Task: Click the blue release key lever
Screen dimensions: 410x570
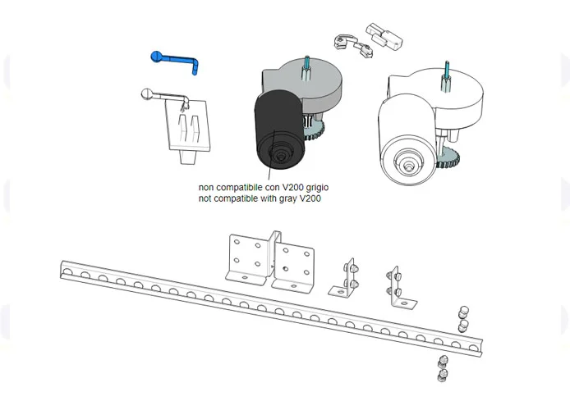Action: point(174,59)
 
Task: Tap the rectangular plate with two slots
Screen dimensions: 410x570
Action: point(191,127)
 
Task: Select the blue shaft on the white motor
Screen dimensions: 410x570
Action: point(448,73)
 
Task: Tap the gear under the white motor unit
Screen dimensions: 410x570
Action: point(448,160)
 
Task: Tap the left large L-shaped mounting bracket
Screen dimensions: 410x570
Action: point(249,257)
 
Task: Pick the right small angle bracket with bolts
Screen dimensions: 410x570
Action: point(398,288)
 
